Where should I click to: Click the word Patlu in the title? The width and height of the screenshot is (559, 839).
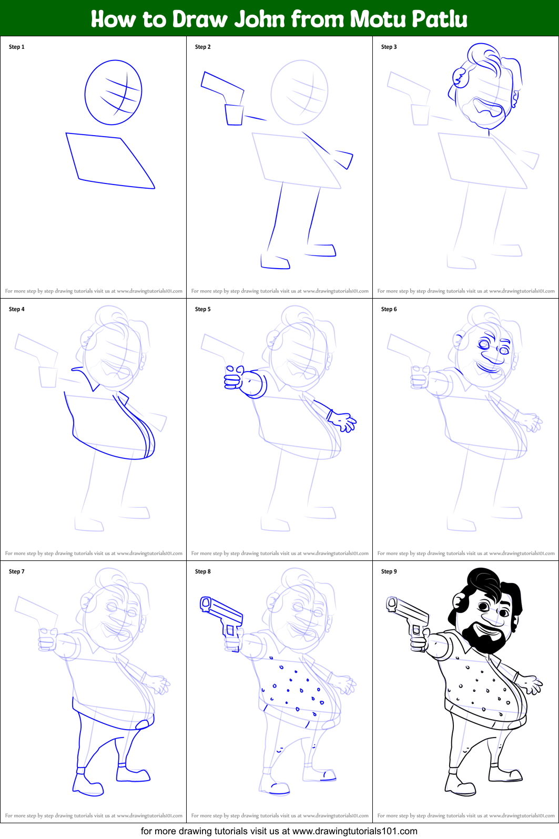click(440, 19)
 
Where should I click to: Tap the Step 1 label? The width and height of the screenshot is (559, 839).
click(16, 47)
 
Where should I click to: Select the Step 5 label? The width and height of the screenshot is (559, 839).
click(202, 309)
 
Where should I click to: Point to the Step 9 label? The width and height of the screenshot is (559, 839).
click(389, 571)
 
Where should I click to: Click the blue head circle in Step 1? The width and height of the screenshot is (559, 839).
click(113, 93)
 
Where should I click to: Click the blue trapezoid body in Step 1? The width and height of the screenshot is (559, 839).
click(108, 159)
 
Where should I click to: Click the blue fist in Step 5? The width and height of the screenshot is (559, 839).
click(234, 377)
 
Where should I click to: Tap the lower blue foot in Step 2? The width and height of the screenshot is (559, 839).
click(275, 262)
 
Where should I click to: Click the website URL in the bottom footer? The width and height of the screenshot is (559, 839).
click(354, 831)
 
